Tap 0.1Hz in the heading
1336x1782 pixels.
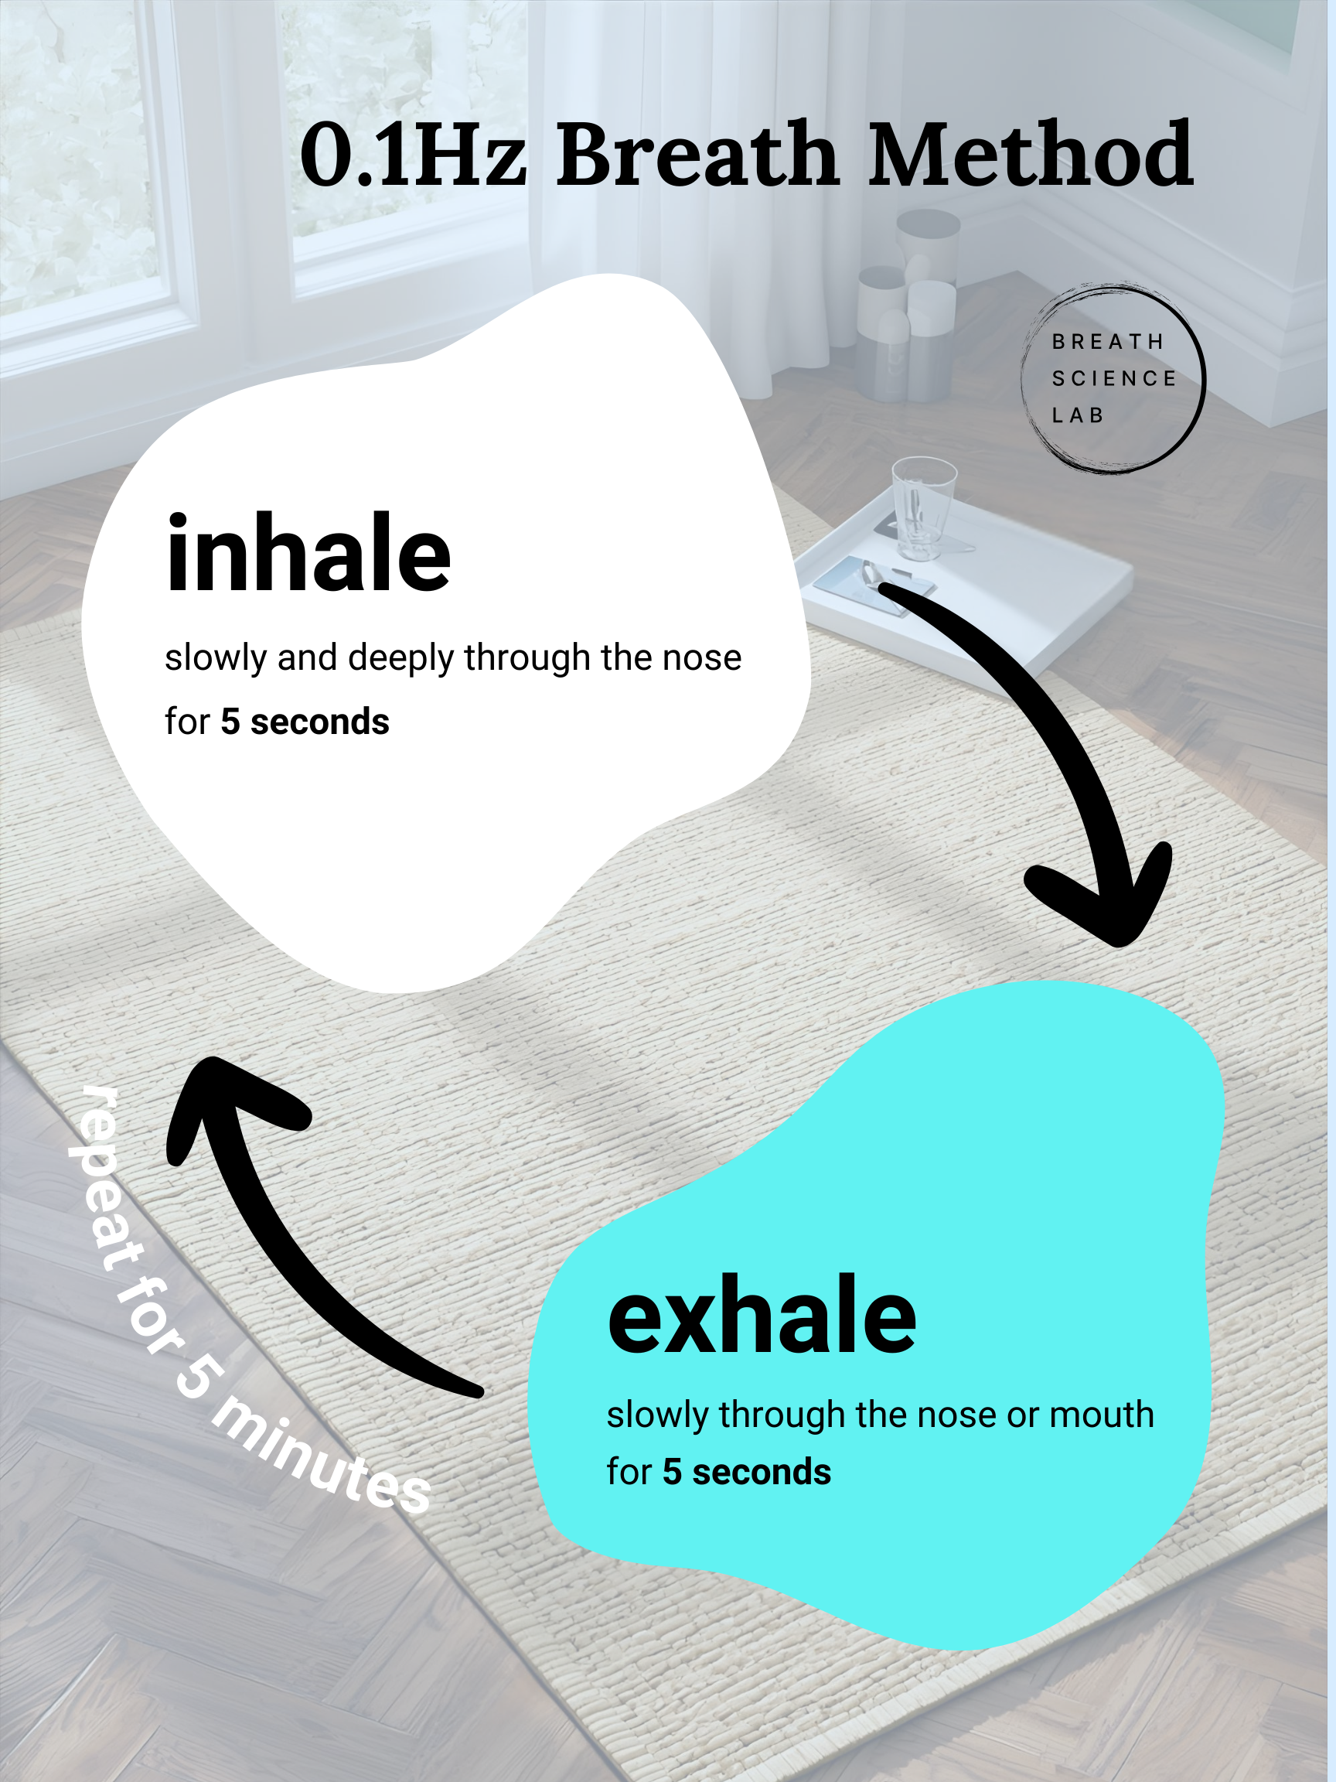pos(412,155)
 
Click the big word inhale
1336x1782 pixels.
pos(308,555)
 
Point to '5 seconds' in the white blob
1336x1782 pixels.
pos(305,722)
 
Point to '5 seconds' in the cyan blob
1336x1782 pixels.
pos(747,1472)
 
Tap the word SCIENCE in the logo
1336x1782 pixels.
pos(1114,378)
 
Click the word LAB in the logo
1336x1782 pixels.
pos(1078,415)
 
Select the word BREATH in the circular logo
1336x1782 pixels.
pos(1107,342)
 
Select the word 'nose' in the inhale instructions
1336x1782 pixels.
pos(700,657)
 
